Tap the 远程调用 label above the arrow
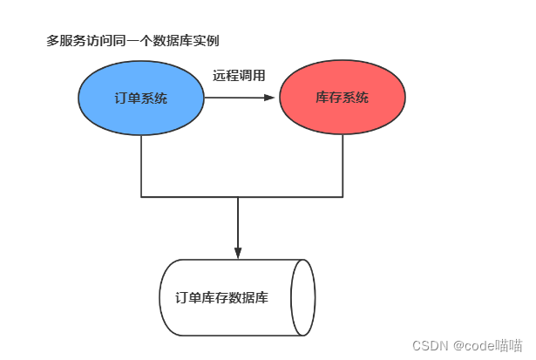(239, 76)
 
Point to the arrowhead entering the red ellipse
(271, 98)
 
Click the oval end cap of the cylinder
(302, 297)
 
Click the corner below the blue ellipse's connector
(141, 197)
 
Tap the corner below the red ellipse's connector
(342, 197)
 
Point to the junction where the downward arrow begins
(238, 197)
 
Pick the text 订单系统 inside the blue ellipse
(140, 98)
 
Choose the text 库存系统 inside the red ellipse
(342, 98)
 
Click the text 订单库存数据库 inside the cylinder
(221, 297)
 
